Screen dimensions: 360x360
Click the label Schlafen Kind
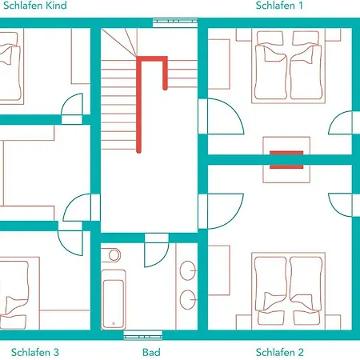point(35,6)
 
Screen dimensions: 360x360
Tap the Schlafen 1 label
point(279,6)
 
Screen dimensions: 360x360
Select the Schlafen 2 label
point(279,352)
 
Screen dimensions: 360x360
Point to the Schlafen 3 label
point(35,352)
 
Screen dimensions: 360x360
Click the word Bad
point(151,352)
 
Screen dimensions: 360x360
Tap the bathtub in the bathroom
point(114,299)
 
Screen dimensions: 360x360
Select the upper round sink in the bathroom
point(188,270)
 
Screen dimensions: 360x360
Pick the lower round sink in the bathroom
point(188,299)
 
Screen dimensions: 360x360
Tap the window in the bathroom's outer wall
point(143,335)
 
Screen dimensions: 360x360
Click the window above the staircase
point(175,22)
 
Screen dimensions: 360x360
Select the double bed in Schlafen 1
point(288,66)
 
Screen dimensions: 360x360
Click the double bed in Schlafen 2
point(288,291)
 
